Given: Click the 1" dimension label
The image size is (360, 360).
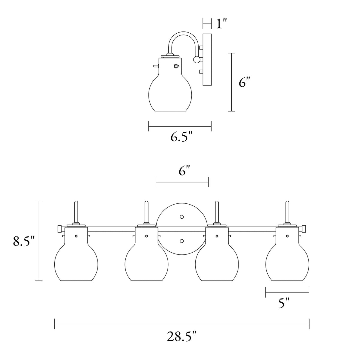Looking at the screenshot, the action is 221,24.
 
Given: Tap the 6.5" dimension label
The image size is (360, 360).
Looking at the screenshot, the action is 181,137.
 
